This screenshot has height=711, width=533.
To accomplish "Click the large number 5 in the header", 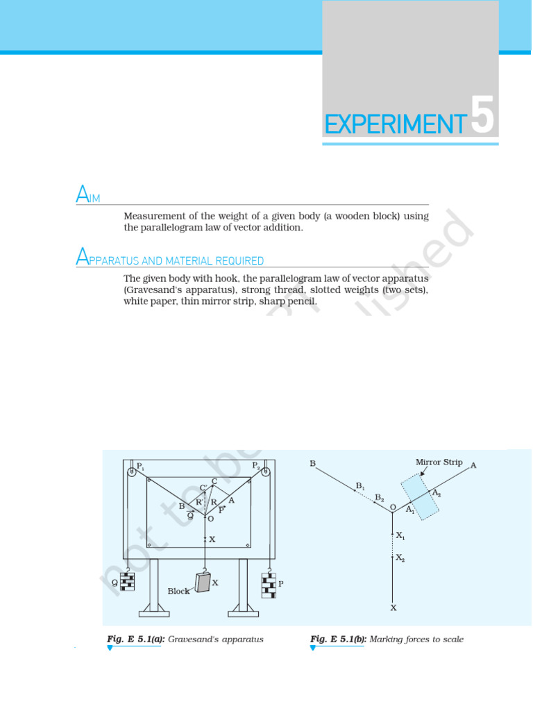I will [x=482, y=117].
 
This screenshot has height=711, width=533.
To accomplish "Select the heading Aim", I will [x=88, y=196].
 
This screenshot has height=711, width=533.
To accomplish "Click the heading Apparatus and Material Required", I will [x=169, y=260].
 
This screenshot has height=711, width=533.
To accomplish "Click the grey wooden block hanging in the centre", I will [x=203, y=581].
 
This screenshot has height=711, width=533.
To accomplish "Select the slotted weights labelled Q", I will [x=127, y=581].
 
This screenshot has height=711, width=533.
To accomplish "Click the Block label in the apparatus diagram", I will [x=178, y=591].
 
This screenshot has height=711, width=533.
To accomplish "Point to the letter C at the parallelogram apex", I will [x=214, y=481].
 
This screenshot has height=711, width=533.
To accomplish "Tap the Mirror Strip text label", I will [x=439, y=462].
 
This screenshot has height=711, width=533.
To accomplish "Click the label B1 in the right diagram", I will [x=360, y=485].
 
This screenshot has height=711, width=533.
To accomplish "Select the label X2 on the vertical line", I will [x=400, y=558].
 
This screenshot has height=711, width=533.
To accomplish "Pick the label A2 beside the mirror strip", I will [x=436, y=492].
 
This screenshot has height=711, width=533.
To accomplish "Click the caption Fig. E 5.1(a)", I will [x=135, y=639].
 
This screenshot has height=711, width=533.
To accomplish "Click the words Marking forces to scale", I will [x=416, y=639].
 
